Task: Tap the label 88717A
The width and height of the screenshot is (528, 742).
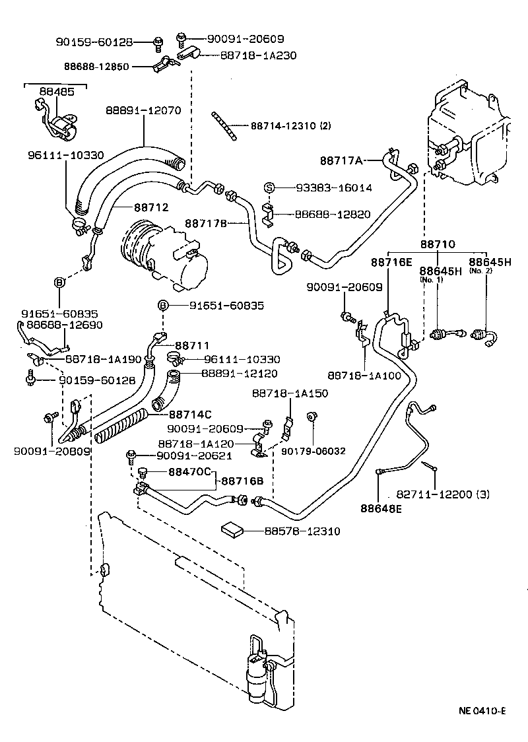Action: point(341,160)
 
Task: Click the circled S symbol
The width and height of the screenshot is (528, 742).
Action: point(269,188)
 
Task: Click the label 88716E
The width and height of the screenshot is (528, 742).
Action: point(391,262)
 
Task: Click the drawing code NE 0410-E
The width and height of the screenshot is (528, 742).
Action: point(482,711)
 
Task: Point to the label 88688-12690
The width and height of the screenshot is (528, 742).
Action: point(65,325)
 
